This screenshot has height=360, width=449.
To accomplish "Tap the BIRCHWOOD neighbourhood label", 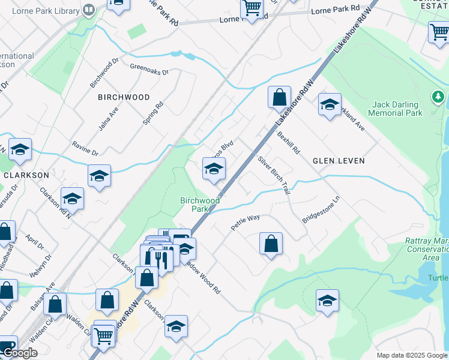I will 124,97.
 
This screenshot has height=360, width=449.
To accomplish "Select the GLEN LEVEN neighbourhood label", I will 339,161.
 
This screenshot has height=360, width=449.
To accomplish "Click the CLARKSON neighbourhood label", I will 26,175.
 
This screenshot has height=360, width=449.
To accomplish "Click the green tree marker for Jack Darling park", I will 438,97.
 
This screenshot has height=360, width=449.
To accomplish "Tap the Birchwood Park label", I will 200,205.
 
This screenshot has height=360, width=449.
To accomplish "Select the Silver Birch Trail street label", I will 274,175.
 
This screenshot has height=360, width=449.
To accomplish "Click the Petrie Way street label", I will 246,223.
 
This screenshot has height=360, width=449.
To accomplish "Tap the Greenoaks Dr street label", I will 149,70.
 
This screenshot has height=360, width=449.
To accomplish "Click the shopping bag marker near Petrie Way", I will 271,244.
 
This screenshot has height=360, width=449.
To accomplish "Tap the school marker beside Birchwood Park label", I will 214,169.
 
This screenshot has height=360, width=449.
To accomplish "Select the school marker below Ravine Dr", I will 99,176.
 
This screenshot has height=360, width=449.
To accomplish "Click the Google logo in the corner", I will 19,353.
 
